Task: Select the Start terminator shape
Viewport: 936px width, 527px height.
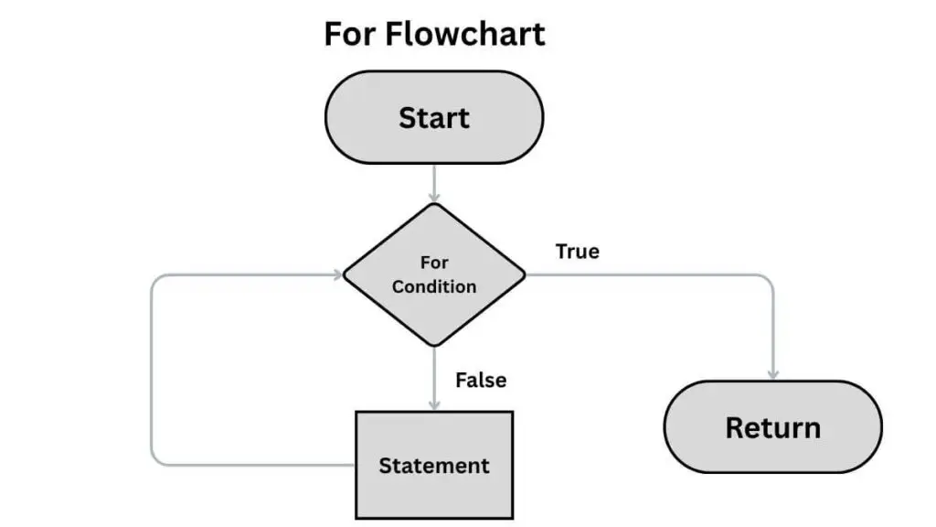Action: (434, 118)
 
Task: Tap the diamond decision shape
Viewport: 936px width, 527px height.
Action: (434, 274)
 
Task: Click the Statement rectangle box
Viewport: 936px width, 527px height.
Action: (434, 465)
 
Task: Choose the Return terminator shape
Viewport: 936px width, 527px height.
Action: (772, 427)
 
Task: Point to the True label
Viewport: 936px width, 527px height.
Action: (577, 251)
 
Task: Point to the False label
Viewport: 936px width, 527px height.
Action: (480, 379)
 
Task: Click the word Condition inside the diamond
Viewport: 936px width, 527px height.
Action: (434, 286)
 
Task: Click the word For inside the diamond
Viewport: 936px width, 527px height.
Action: (434, 263)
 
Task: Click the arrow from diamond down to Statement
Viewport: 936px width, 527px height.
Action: (434, 379)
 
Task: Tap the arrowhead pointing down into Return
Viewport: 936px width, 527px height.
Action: (772, 374)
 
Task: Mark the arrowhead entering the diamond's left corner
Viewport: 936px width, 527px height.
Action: (337, 274)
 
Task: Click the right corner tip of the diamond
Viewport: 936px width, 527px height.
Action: (526, 274)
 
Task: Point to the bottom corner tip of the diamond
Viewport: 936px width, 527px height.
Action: (434, 347)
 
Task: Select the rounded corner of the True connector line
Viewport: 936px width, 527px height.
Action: (767, 279)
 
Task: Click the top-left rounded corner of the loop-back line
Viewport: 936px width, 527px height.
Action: (156, 279)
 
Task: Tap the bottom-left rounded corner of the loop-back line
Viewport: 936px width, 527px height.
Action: (156, 459)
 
